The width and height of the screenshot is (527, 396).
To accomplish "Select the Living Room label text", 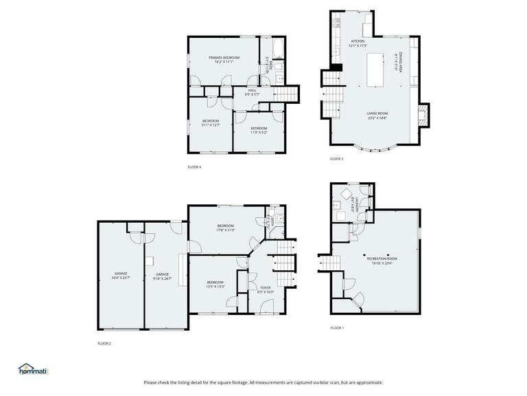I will point(377,115).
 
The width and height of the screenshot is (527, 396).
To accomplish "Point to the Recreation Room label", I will point(384,261).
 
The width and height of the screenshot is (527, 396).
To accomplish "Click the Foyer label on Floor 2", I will point(266,290).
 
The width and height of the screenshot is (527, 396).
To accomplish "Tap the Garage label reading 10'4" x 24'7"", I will point(121,276).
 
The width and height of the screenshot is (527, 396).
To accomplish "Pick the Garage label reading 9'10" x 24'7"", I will point(162,276).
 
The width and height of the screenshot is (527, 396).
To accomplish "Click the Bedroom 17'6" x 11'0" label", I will point(226,228).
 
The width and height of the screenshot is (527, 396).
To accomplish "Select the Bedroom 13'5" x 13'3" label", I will point(215,284).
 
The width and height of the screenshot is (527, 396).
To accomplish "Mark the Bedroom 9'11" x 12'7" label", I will point(210,123).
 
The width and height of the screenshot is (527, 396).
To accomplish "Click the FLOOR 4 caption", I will point(194,167).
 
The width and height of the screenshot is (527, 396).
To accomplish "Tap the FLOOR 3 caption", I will point(336,159).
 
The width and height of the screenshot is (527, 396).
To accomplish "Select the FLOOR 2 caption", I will point(104,343).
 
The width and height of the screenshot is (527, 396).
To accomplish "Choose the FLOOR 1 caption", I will point(336,328).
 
